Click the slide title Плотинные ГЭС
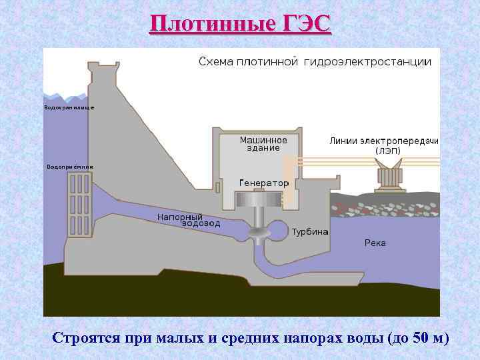240,24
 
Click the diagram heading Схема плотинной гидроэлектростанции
315,62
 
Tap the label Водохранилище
69,107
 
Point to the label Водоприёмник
69,166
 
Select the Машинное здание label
263,144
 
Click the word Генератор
263,183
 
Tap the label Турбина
310,232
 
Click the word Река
375,243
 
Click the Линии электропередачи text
384,141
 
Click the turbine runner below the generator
257,232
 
